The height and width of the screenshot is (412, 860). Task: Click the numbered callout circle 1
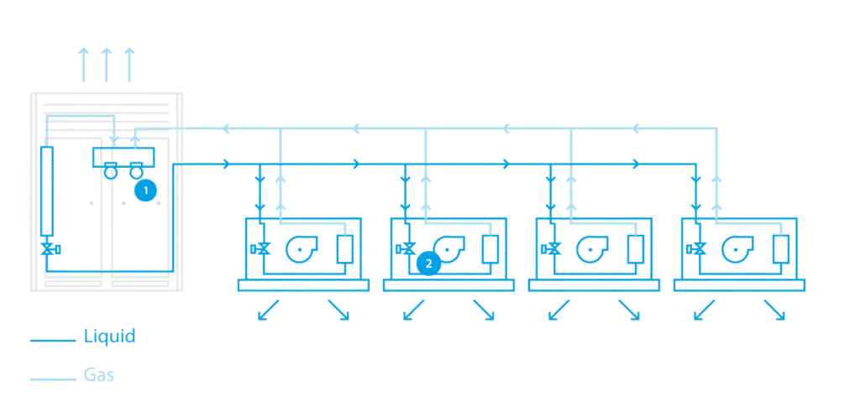click(146, 190)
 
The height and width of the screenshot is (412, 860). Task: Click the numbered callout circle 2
click(427, 263)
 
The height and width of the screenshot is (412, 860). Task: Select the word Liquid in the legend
click(110, 336)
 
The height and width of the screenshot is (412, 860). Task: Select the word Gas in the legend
click(99, 375)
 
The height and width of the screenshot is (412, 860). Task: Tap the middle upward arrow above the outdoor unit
click(107, 65)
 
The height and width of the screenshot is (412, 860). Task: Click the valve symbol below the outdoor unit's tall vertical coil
click(49, 249)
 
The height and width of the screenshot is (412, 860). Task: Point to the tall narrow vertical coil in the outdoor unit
click(47, 190)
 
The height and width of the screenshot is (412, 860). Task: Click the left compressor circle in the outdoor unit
click(110, 172)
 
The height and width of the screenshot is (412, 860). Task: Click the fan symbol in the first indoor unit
click(300, 250)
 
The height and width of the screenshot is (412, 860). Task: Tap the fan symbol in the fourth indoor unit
click(736, 250)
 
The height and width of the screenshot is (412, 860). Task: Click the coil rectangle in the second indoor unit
click(490, 248)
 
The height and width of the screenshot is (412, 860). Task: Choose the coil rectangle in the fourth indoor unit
click(780, 248)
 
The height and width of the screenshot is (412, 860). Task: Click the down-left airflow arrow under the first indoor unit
click(268, 310)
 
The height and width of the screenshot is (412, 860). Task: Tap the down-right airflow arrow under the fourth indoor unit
click(773, 310)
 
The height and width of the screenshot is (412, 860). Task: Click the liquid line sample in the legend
click(53, 341)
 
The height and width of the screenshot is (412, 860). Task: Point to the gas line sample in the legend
click(53, 378)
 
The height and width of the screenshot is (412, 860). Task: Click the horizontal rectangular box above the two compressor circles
click(123, 157)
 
